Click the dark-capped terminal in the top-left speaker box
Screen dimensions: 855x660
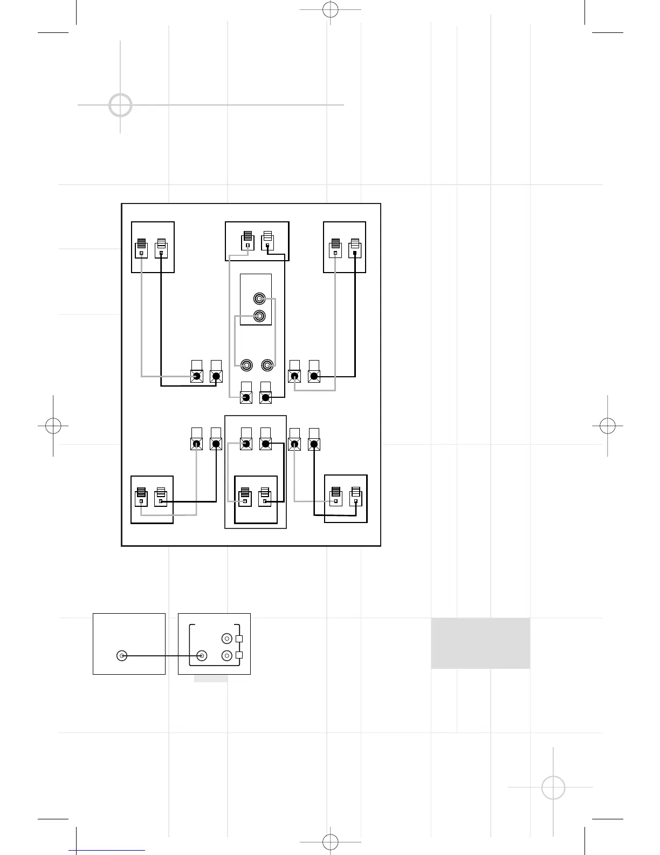coord(141,248)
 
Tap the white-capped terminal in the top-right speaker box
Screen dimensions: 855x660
coord(354,248)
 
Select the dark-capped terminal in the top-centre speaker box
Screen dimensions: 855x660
coord(247,241)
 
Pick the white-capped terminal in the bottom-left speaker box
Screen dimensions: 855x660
coord(161,497)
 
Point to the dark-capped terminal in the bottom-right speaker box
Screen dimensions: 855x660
coord(336,497)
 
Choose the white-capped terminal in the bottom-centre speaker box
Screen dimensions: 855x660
coord(264,497)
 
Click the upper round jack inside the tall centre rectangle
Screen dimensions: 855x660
coord(260,298)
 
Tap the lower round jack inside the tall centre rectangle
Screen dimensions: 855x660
coord(260,316)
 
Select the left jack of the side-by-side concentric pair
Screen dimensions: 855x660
coord(246,365)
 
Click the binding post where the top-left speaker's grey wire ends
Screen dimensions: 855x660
coord(197,376)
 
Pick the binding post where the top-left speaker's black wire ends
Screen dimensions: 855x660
coord(216,376)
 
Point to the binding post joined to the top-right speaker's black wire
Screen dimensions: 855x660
coord(314,376)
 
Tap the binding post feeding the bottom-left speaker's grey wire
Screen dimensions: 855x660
coord(197,444)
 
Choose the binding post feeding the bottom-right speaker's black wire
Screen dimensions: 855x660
coord(314,444)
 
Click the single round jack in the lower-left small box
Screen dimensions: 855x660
coord(122,656)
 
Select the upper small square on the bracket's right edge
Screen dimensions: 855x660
coord(239,639)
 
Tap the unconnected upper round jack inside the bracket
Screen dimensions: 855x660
coord(227,639)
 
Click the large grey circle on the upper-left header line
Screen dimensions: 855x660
coord(120,105)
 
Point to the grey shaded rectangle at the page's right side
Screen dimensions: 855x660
coord(480,643)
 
